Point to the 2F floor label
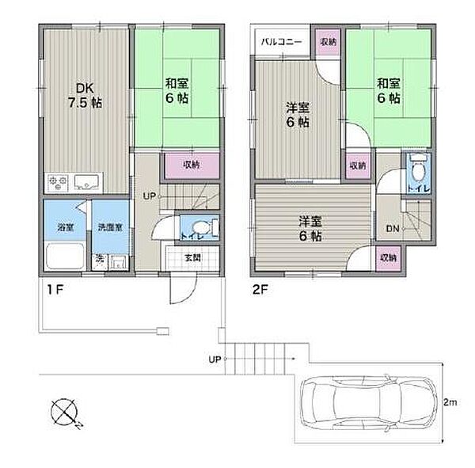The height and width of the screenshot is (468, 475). point(262,291)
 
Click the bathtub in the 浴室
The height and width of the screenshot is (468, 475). point(64,257)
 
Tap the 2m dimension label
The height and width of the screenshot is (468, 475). point(450,403)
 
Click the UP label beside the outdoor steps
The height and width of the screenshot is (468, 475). point(214,360)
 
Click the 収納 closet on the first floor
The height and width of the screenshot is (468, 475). point(191,166)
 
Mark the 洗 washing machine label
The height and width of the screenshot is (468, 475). point(100,258)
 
